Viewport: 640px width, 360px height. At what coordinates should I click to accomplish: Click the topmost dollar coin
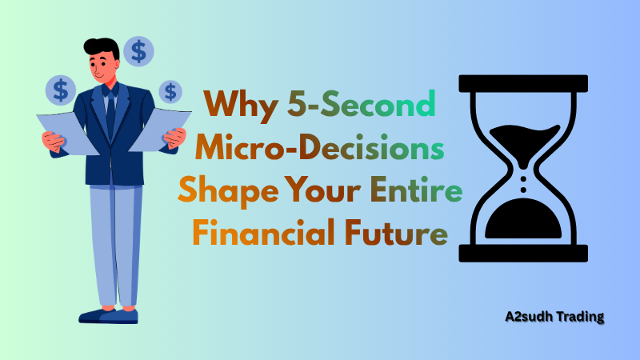139,52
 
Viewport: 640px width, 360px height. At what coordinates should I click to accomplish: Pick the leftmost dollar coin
61,89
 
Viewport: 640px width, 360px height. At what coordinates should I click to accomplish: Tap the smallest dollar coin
170,91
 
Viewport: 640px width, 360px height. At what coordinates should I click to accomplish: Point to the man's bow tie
110,90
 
